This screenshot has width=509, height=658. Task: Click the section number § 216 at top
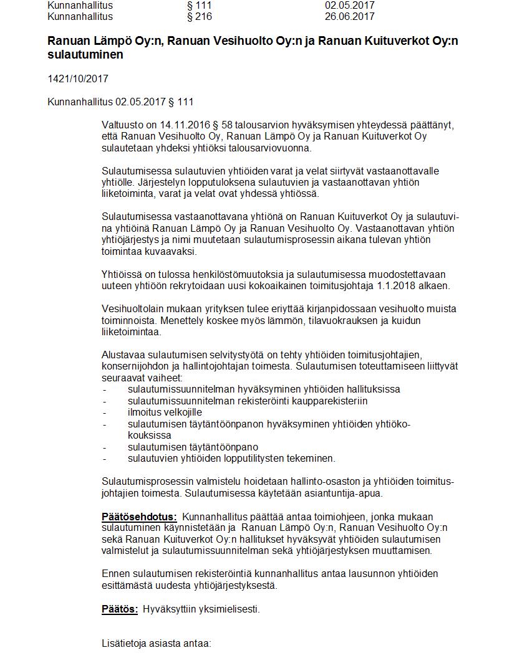click(x=199, y=17)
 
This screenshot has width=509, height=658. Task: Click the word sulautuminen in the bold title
click(x=85, y=55)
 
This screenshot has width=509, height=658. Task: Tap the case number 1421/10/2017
click(x=79, y=79)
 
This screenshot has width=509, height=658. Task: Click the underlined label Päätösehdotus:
click(x=139, y=517)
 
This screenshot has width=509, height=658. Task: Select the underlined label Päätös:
click(x=120, y=609)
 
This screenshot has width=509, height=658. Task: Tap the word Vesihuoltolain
click(x=133, y=308)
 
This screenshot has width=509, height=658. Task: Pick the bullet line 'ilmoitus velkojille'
click(x=165, y=412)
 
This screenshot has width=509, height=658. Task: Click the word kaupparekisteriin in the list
click(x=327, y=401)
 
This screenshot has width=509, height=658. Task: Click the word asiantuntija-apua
click(x=344, y=493)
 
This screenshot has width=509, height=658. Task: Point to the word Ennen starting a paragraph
click(x=115, y=574)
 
